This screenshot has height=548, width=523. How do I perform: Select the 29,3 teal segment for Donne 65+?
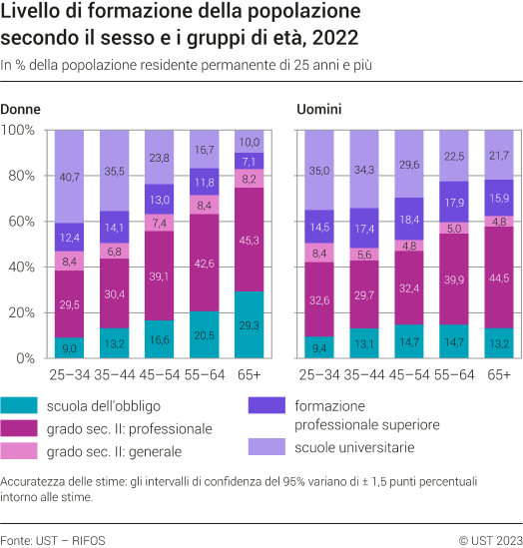tap(250, 324)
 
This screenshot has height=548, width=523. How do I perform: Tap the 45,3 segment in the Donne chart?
tap(250, 240)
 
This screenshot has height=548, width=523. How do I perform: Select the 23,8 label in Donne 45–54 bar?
tap(159, 158)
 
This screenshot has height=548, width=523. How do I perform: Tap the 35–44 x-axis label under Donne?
tap(114, 374)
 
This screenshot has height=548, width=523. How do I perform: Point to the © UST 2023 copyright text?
tap(489, 540)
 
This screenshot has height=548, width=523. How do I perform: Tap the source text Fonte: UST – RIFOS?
tap(53, 540)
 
